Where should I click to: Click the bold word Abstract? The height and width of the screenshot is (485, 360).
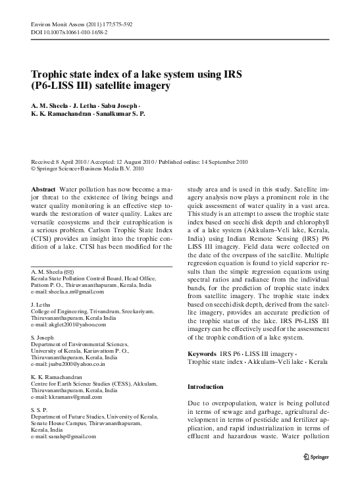coord(43,189)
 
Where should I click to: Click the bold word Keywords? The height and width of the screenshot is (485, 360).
coord(202,354)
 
